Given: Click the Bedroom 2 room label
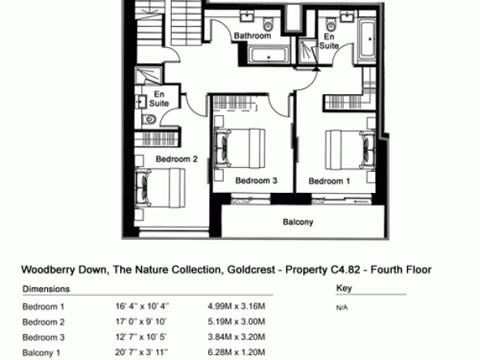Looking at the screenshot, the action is click(x=177, y=159).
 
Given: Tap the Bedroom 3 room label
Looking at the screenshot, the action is click(x=256, y=181).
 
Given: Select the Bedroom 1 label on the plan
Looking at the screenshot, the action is click(x=329, y=182).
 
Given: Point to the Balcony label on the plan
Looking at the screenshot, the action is click(x=298, y=222).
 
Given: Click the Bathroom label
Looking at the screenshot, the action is click(x=252, y=36).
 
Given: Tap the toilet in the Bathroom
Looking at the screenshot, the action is click(x=268, y=24).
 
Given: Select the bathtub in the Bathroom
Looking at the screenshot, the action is click(x=268, y=55).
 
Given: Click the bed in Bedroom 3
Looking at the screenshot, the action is click(x=240, y=148).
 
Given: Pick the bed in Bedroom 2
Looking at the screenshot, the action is click(x=160, y=187).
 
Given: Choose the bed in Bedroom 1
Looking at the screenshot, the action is click(x=350, y=150).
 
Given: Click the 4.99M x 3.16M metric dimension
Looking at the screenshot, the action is click(x=236, y=306).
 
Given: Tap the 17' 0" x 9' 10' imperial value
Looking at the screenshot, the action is click(x=141, y=322).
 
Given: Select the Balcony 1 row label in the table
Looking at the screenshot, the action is click(x=41, y=353).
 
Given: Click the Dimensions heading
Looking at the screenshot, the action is click(x=46, y=289).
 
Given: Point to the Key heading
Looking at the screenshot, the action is click(x=344, y=288).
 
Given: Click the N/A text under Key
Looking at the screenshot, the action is click(x=342, y=307).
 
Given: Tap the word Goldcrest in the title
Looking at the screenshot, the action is click(x=251, y=270).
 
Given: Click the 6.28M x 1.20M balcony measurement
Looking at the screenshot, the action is click(x=236, y=353).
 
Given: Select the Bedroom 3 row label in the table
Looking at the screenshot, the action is click(x=44, y=337).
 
